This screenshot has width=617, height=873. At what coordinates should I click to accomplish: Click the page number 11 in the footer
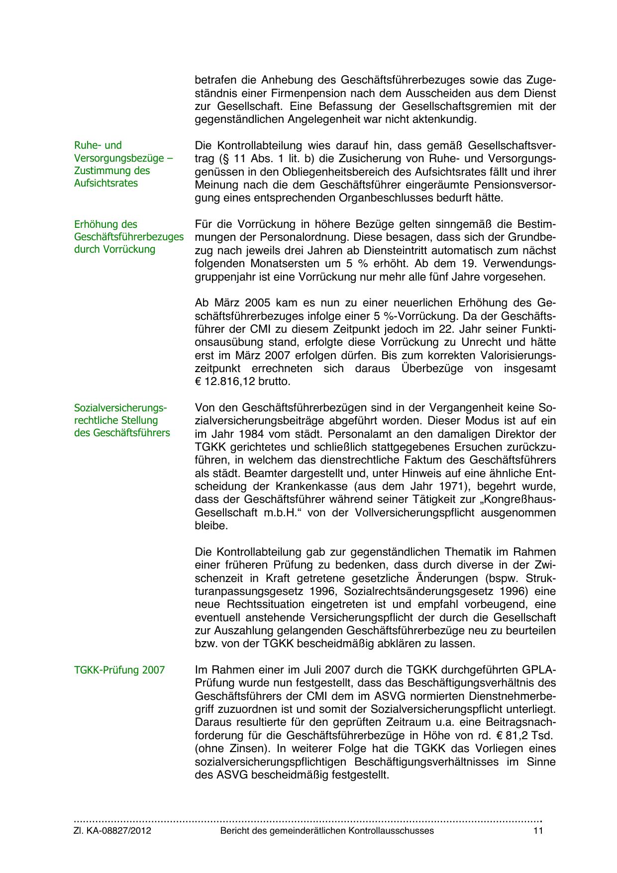point(538,830)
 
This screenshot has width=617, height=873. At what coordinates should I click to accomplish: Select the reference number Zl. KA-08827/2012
point(112,830)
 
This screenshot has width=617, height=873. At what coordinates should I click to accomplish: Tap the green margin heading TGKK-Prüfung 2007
point(119,670)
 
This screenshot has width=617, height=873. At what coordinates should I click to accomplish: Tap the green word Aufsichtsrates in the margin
point(106,183)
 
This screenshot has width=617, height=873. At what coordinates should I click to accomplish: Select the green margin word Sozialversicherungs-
point(121,408)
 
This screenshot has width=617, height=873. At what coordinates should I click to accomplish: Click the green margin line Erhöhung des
point(105,224)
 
